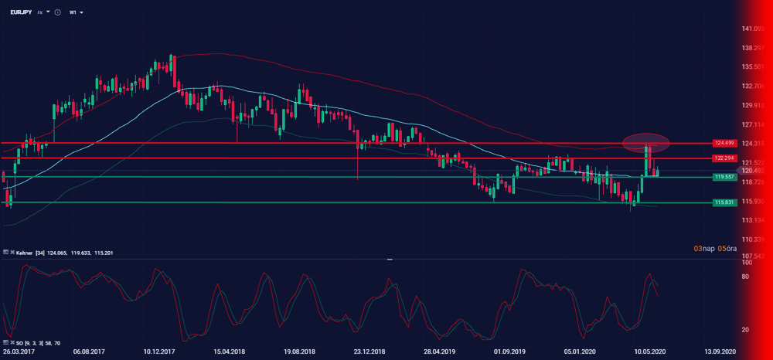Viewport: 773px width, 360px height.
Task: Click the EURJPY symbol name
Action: tap(21, 12)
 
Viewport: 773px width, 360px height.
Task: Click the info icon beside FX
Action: tap(58, 12)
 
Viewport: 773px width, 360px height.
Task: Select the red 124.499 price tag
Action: tap(724, 143)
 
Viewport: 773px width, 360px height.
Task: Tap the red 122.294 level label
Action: tap(724, 158)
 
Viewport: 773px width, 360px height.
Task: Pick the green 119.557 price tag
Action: tap(724, 177)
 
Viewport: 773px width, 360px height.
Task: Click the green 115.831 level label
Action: tap(724, 202)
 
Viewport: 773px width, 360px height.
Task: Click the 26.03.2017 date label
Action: tap(19, 350)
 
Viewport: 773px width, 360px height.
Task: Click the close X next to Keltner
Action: tap(6, 253)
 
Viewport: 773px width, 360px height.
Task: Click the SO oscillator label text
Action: tap(19, 342)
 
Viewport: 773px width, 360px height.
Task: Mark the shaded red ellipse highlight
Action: tap(645, 142)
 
